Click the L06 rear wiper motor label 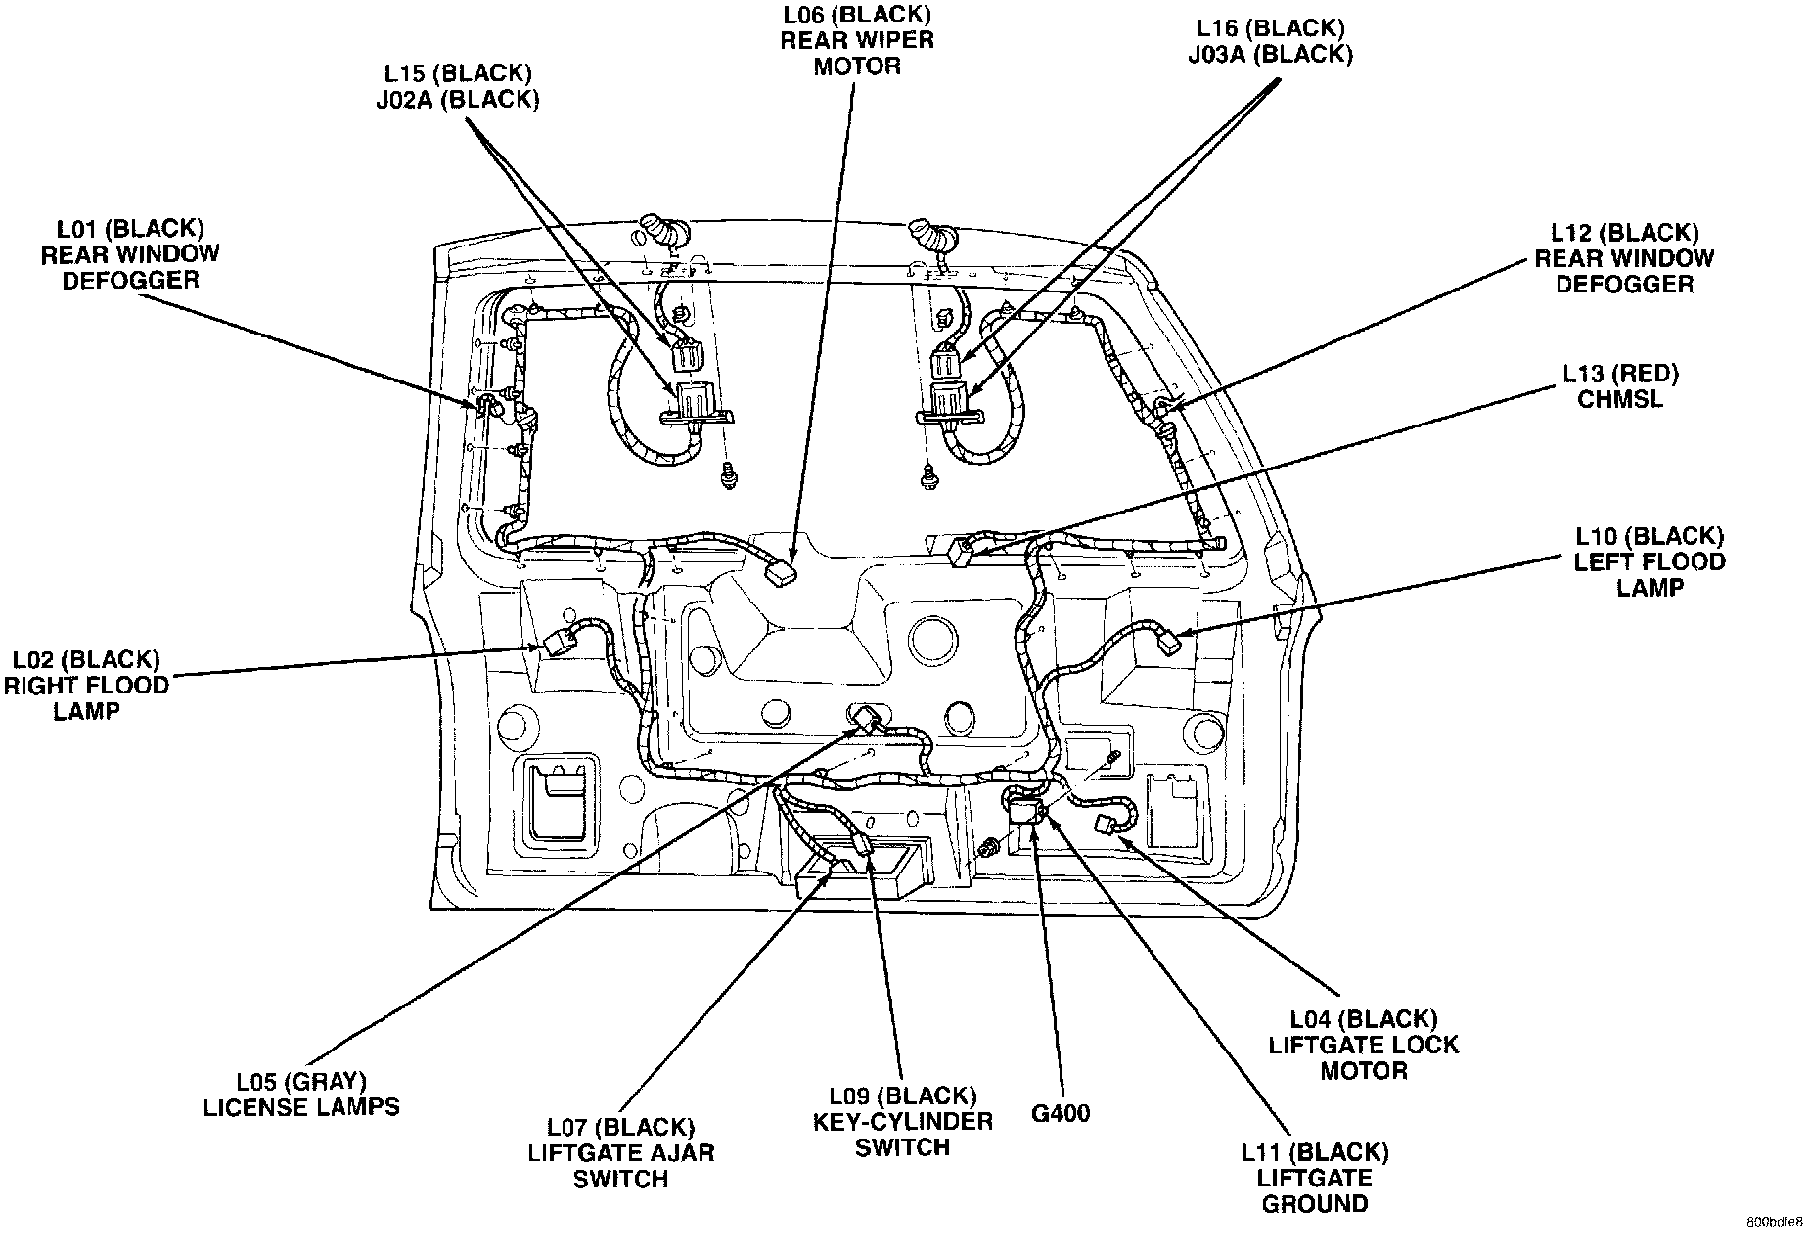(855, 41)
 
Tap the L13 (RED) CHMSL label (1619, 386)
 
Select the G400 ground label (1061, 1113)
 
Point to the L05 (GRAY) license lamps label (301, 1095)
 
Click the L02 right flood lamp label (86, 685)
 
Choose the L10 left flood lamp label (1650, 561)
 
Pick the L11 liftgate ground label (1314, 1178)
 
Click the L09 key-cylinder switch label (902, 1121)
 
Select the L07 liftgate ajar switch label (621, 1153)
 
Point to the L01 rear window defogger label (130, 253)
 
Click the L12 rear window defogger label (1624, 258)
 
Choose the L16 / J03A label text (1270, 41)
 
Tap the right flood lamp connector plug (560, 643)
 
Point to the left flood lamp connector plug (1168, 643)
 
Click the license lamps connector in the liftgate (866, 720)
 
